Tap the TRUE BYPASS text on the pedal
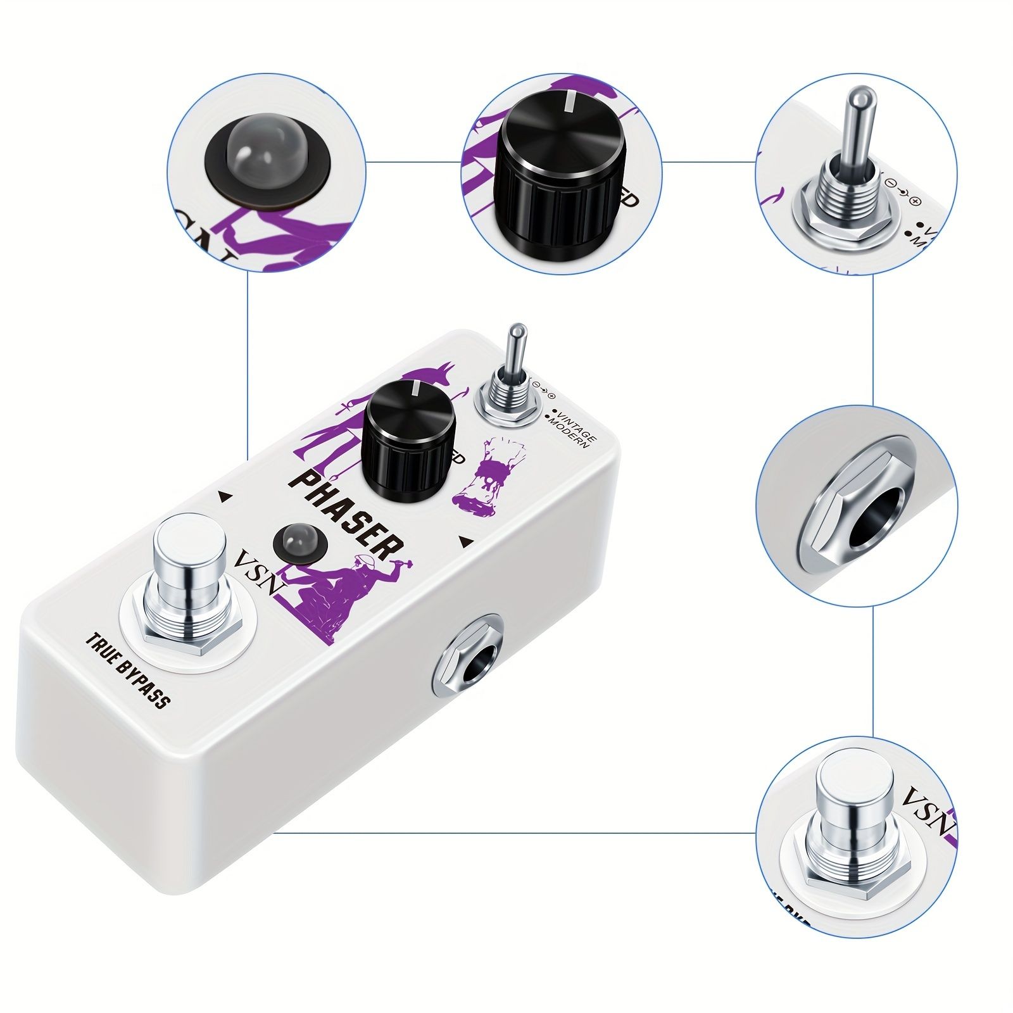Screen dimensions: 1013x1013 point(127,671)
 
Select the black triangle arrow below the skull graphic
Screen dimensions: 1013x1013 point(465,541)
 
